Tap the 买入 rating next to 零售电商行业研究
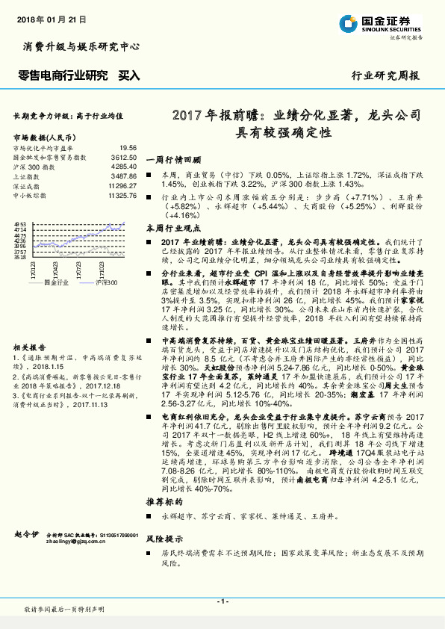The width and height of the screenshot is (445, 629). click(x=129, y=75)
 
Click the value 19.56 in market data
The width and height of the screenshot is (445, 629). click(x=128, y=149)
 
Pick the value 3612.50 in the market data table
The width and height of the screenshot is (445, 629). click(x=123, y=158)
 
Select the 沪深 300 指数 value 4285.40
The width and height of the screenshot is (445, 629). click(x=123, y=167)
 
